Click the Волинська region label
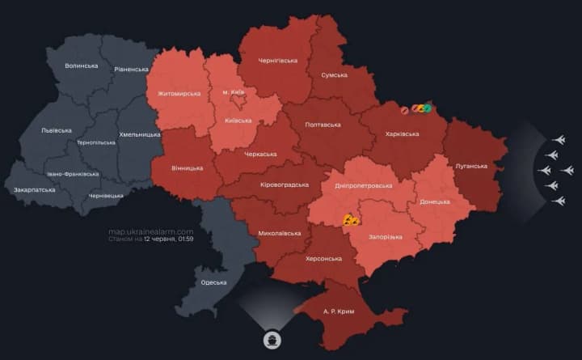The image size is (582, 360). (x=82, y=66)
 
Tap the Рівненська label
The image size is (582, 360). (x=130, y=70)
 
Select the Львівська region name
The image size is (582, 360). (x=57, y=129)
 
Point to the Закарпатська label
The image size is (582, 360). (x=35, y=189)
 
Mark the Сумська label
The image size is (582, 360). (x=334, y=74)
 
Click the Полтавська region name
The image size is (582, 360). (x=323, y=125)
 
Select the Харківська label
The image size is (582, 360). (x=401, y=133)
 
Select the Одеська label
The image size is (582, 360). (x=213, y=282)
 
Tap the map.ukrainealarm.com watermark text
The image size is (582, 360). (x=151, y=231)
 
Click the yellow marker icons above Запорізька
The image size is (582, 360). (x=351, y=218)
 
